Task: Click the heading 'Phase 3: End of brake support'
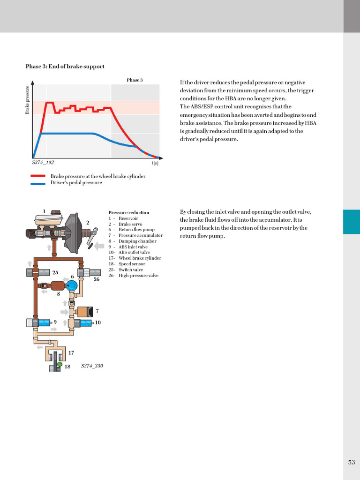65,67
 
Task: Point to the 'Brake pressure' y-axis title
27,99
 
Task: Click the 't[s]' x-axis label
155,163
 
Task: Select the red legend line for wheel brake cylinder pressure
38,176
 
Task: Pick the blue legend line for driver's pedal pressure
38,183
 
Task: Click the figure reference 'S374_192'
43,162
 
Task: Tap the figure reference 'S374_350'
92,366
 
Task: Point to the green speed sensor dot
60,364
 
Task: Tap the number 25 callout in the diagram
55,272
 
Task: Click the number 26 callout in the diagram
96,279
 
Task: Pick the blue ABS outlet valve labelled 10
87,323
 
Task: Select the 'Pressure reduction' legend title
128,212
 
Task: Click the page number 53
352,462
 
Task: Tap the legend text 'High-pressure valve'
138,275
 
